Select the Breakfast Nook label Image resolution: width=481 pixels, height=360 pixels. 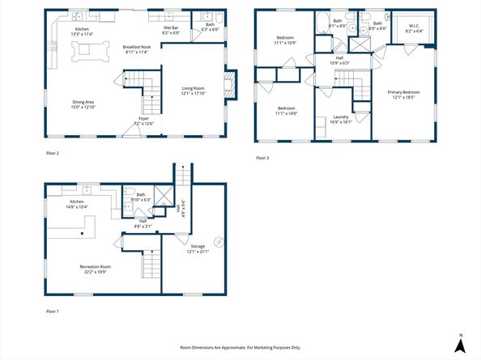pos(136,48)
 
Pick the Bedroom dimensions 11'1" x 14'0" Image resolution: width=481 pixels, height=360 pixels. pos(286,113)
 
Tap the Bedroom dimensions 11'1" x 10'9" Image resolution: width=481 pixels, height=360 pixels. pos(286,42)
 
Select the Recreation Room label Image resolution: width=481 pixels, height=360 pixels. pos(95,266)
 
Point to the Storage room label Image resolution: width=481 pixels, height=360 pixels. pos(198,245)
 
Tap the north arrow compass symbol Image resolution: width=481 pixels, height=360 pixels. pos(460,344)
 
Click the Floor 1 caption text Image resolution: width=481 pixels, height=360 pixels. pos(52,311)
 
